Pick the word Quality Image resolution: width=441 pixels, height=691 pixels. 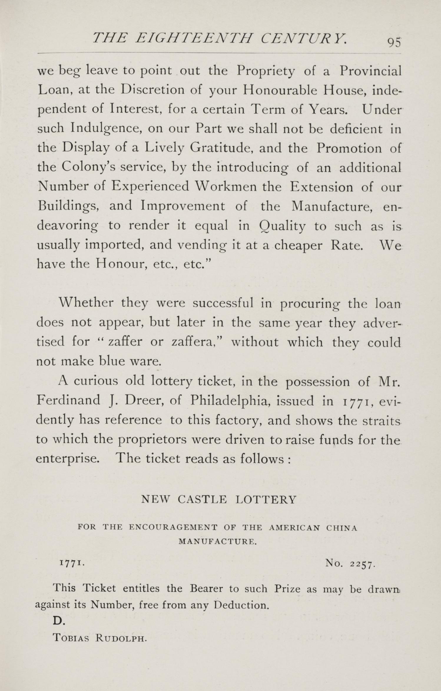[282, 226]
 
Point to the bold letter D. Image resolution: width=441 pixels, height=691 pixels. [58, 620]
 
